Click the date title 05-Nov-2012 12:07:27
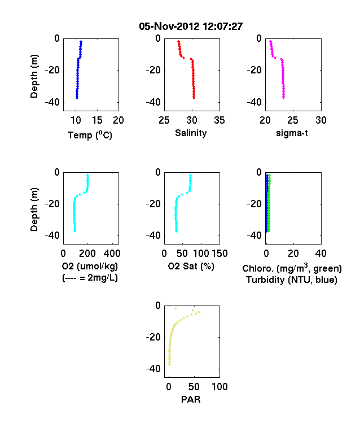click(191, 27)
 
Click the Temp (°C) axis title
click(90, 135)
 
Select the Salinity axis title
click(191, 133)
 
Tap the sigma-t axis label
click(292, 133)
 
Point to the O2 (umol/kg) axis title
click(90, 266)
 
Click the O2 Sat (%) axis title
click(191, 266)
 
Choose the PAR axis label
click(191, 399)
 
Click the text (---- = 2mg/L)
click(90, 277)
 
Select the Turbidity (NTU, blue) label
click(292, 280)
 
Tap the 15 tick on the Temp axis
click(97, 120)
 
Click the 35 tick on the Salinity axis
click(219, 120)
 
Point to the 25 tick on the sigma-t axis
click(293, 120)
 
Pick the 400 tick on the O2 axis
click(112, 254)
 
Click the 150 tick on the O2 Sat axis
click(219, 254)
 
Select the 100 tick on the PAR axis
click(219, 387)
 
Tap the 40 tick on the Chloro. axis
click(321, 254)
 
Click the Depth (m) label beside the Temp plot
click(34, 76)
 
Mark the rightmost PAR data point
click(199, 312)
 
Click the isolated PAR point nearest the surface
click(175, 308)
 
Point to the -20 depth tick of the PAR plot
click(153, 338)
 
